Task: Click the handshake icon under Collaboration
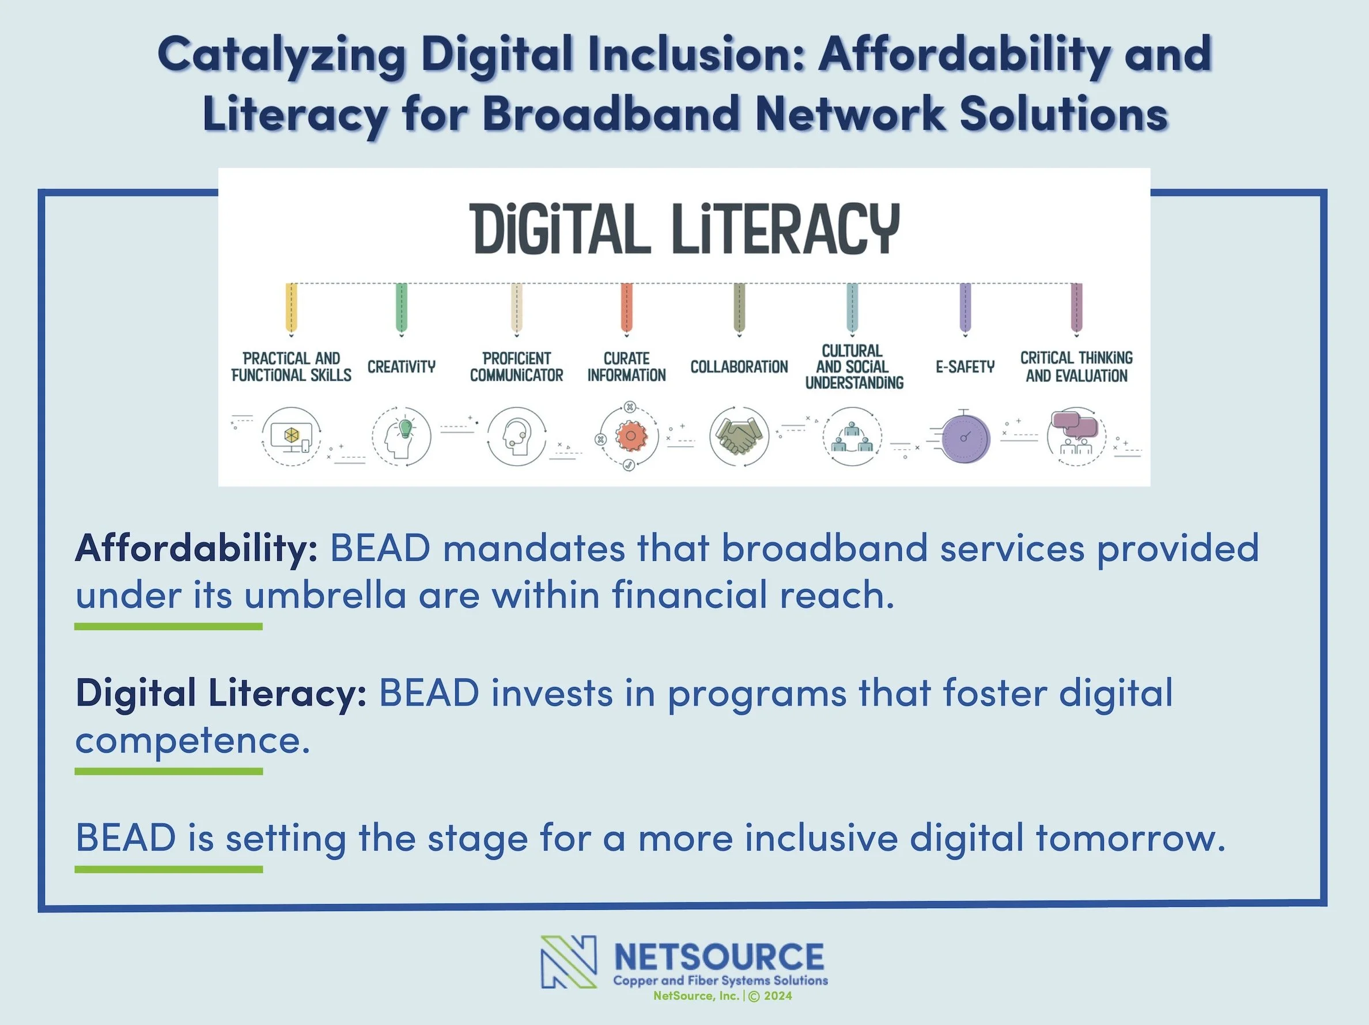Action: pos(739,436)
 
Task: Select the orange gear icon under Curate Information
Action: pos(629,436)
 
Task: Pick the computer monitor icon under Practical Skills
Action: pos(291,436)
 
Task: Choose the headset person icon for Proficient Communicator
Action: pos(516,436)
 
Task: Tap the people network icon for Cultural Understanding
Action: pos(852,436)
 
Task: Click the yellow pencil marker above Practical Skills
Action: pos(291,308)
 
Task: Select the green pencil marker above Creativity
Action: pos(401,308)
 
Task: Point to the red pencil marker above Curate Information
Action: pos(626,308)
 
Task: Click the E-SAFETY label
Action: pos(965,367)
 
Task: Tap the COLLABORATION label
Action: pos(739,367)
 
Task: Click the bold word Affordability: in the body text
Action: pos(196,548)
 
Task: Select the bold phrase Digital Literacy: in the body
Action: pos(221,692)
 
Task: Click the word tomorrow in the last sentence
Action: pos(1129,838)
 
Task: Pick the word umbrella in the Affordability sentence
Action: pos(325,595)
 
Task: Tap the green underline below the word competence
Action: pos(168,772)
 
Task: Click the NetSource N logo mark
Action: pos(568,961)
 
